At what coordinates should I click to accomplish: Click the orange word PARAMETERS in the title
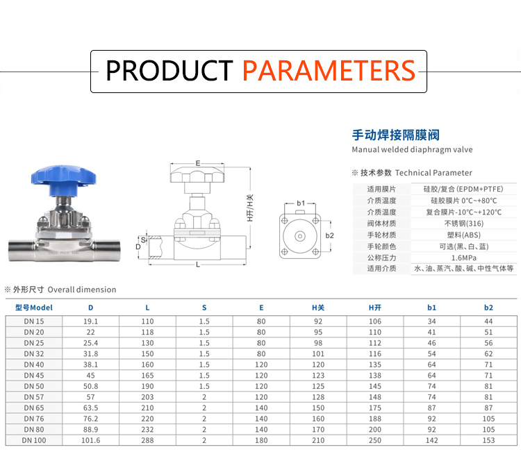click(x=329, y=71)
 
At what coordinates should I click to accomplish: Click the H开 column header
click(x=375, y=308)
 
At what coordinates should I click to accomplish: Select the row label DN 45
click(x=34, y=376)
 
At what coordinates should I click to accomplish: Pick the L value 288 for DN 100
click(x=147, y=440)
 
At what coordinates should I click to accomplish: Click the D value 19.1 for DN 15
click(x=90, y=321)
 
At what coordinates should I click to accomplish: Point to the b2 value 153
click(x=488, y=440)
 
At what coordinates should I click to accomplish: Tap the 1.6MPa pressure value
click(x=464, y=258)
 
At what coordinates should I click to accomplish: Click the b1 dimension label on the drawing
click(x=301, y=203)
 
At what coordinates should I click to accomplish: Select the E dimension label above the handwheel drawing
click(x=198, y=163)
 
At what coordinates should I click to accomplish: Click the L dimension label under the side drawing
click(x=198, y=265)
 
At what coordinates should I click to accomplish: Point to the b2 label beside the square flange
click(x=329, y=235)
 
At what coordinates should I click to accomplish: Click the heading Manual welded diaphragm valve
click(x=412, y=149)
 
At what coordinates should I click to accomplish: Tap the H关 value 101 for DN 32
click(x=318, y=353)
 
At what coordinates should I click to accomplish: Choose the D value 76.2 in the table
click(x=90, y=419)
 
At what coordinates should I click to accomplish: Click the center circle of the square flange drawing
click(x=300, y=236)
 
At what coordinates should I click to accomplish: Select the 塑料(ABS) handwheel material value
click(x=464, y=235)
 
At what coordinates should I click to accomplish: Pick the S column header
click(x=204, y=308)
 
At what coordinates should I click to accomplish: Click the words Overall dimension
click(x=82, y=290)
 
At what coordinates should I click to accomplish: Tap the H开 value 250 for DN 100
click(x=375, y=440)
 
